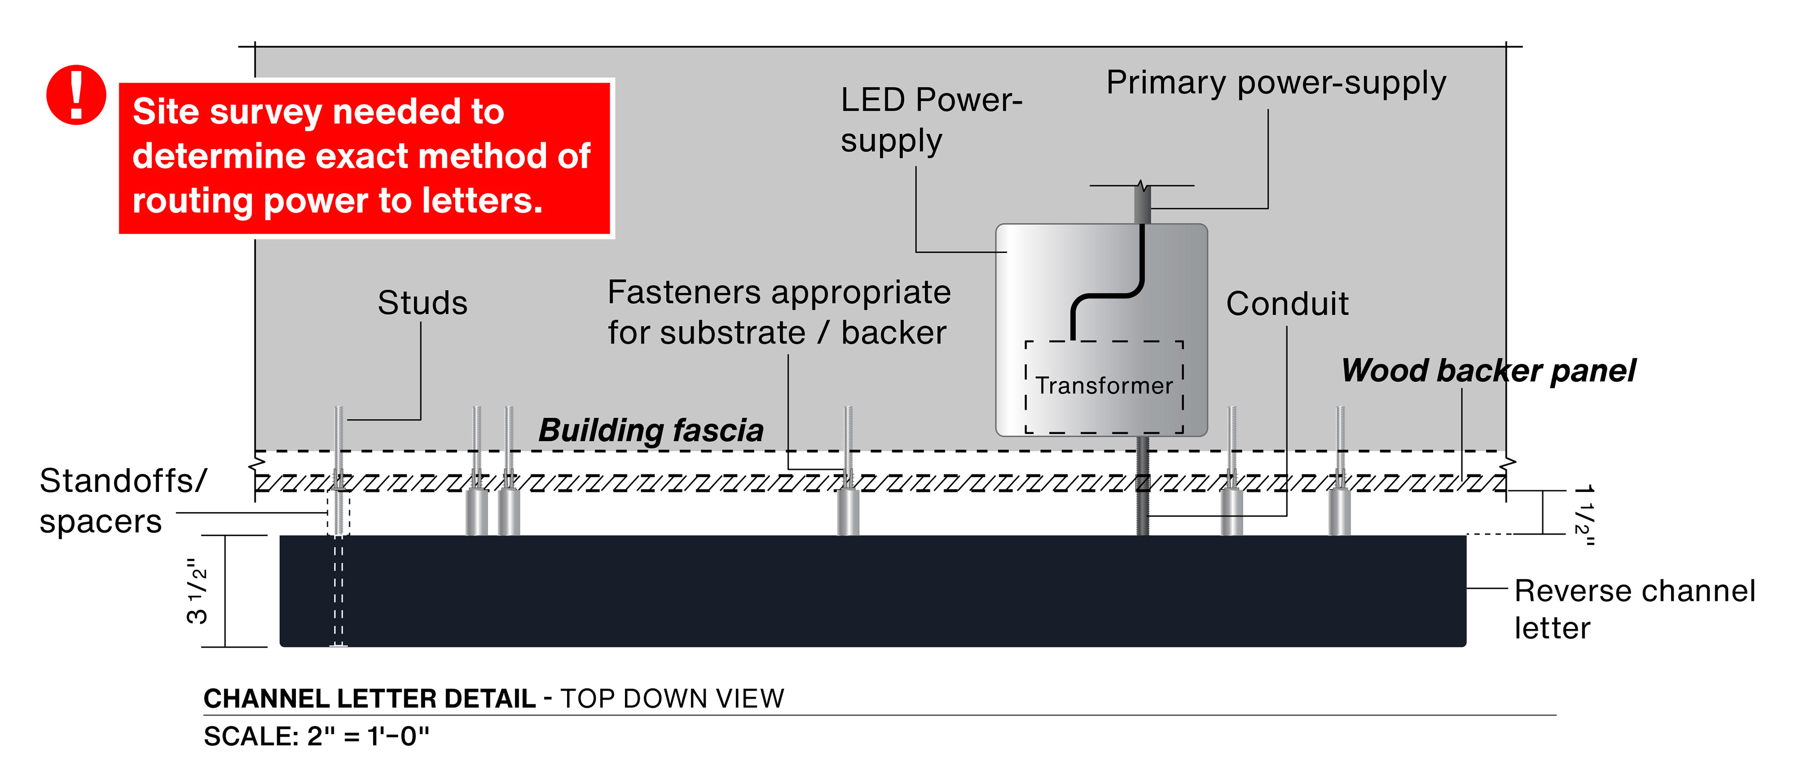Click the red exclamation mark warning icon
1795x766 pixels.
(x=76, y=95)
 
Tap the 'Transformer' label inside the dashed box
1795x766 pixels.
(x=1104, y=385)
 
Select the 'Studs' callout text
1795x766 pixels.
(x=422, y=303)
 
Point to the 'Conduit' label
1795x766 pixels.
(x=1287, y=304)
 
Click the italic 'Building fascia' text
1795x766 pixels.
(x=651, y=430)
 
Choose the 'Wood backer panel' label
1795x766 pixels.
(x=1488, y=371)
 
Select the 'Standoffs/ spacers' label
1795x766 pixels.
(x=122, y=500)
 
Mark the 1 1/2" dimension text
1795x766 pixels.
(x=1584, y=514)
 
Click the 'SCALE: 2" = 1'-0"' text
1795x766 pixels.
(x=316, y=736)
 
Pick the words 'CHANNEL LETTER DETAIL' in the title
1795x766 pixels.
(x=369, y=698)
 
